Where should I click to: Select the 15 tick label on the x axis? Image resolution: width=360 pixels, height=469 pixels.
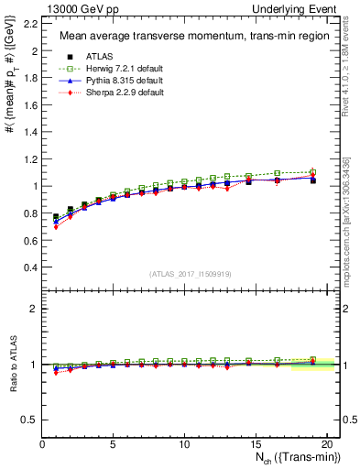pyautogui.click(x=255, y=444)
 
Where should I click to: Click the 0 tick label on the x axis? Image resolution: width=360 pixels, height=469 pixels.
pyautogui.click(x=42, y=444)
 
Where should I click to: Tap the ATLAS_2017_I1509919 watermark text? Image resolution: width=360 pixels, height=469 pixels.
pyautogui.click(x=191, y=274)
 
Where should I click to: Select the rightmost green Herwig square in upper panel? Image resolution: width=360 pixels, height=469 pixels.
pyautogui.click(x=312, y=172)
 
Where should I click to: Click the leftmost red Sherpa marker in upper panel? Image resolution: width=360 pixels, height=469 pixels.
pyautogui.click(x=56, y=226)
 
